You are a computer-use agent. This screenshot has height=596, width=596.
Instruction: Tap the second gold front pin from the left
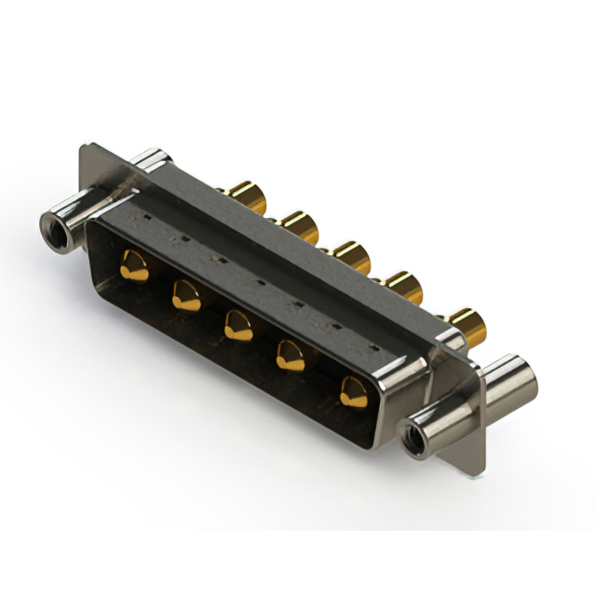click(185, 296)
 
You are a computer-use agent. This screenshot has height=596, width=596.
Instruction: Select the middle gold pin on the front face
click(238, 324)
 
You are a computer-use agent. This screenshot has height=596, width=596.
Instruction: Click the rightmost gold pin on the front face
click(352, 390)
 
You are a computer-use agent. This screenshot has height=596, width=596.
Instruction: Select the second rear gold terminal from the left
click(299, 226)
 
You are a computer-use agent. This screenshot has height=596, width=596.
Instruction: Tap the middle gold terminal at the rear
click(352, 254)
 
